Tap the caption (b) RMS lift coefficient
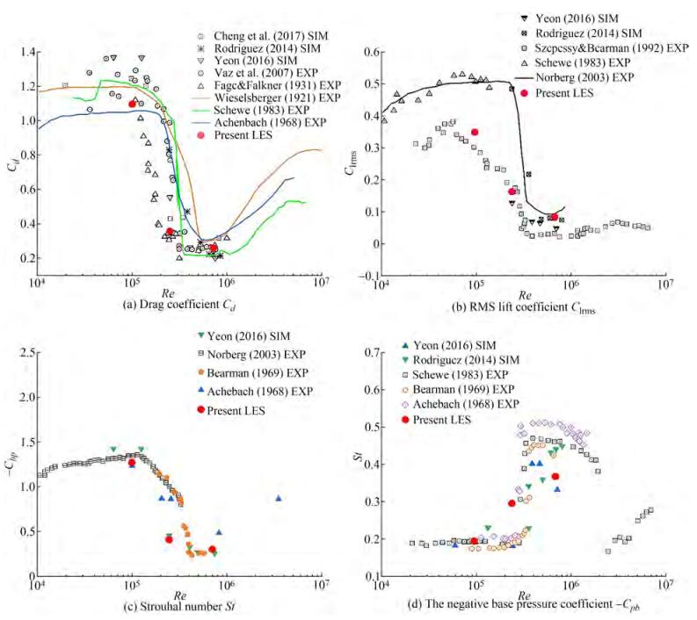pos(526,307)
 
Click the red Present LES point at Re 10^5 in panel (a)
pos(132,104)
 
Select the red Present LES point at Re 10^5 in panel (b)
pos(475,133)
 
